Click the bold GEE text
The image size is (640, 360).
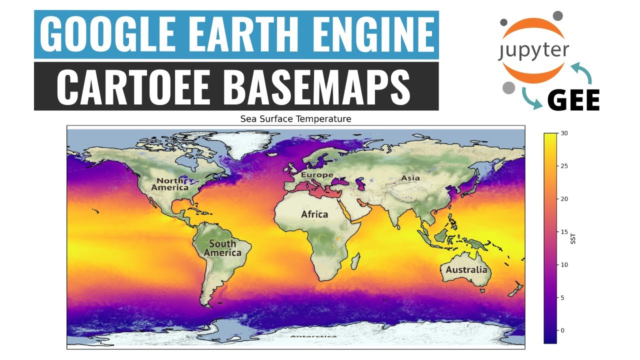coord(573,101)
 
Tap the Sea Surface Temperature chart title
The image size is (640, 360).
coord(295,119)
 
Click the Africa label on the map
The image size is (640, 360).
coord(314,214)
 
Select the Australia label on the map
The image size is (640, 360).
coord(466,270)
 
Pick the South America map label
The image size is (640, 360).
coord(222,248)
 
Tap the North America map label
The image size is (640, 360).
coord(170,184)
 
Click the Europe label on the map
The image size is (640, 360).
coord(317,175)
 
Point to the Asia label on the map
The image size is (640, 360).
coord(410,178)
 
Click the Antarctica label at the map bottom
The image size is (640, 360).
coord(313,337)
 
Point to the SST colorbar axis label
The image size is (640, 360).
coord(573,240)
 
